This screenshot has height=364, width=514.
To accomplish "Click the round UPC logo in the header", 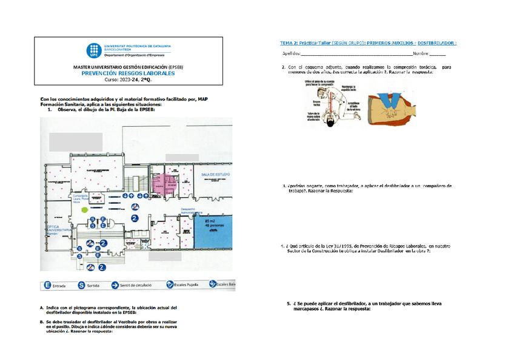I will click(x=93, y=50).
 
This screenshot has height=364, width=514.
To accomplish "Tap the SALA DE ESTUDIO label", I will click(x=215, y=174).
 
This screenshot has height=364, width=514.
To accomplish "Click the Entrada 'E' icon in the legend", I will click(x=47, y=284).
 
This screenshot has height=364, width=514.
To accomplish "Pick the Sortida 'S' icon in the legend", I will click(x=81, y=284).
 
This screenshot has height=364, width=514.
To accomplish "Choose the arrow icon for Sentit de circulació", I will click(x=115, y=284).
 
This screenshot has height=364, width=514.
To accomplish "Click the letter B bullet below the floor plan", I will click(x=41, y=322).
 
